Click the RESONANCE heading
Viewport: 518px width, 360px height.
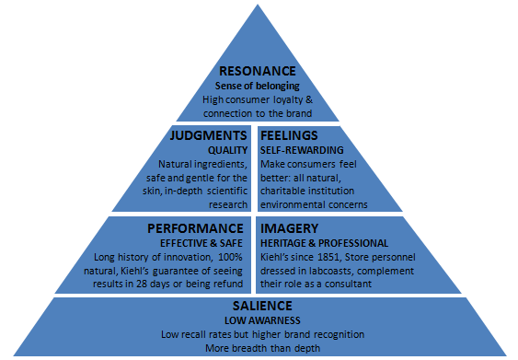click(x=259, y=71)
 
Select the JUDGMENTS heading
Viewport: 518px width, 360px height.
click(x=208, y=134)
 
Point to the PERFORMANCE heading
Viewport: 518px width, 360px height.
click(x=197, y=226)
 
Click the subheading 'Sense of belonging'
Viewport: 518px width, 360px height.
click(x=259, y=86)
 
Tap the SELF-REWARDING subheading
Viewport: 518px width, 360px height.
click(x=302, y=148)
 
